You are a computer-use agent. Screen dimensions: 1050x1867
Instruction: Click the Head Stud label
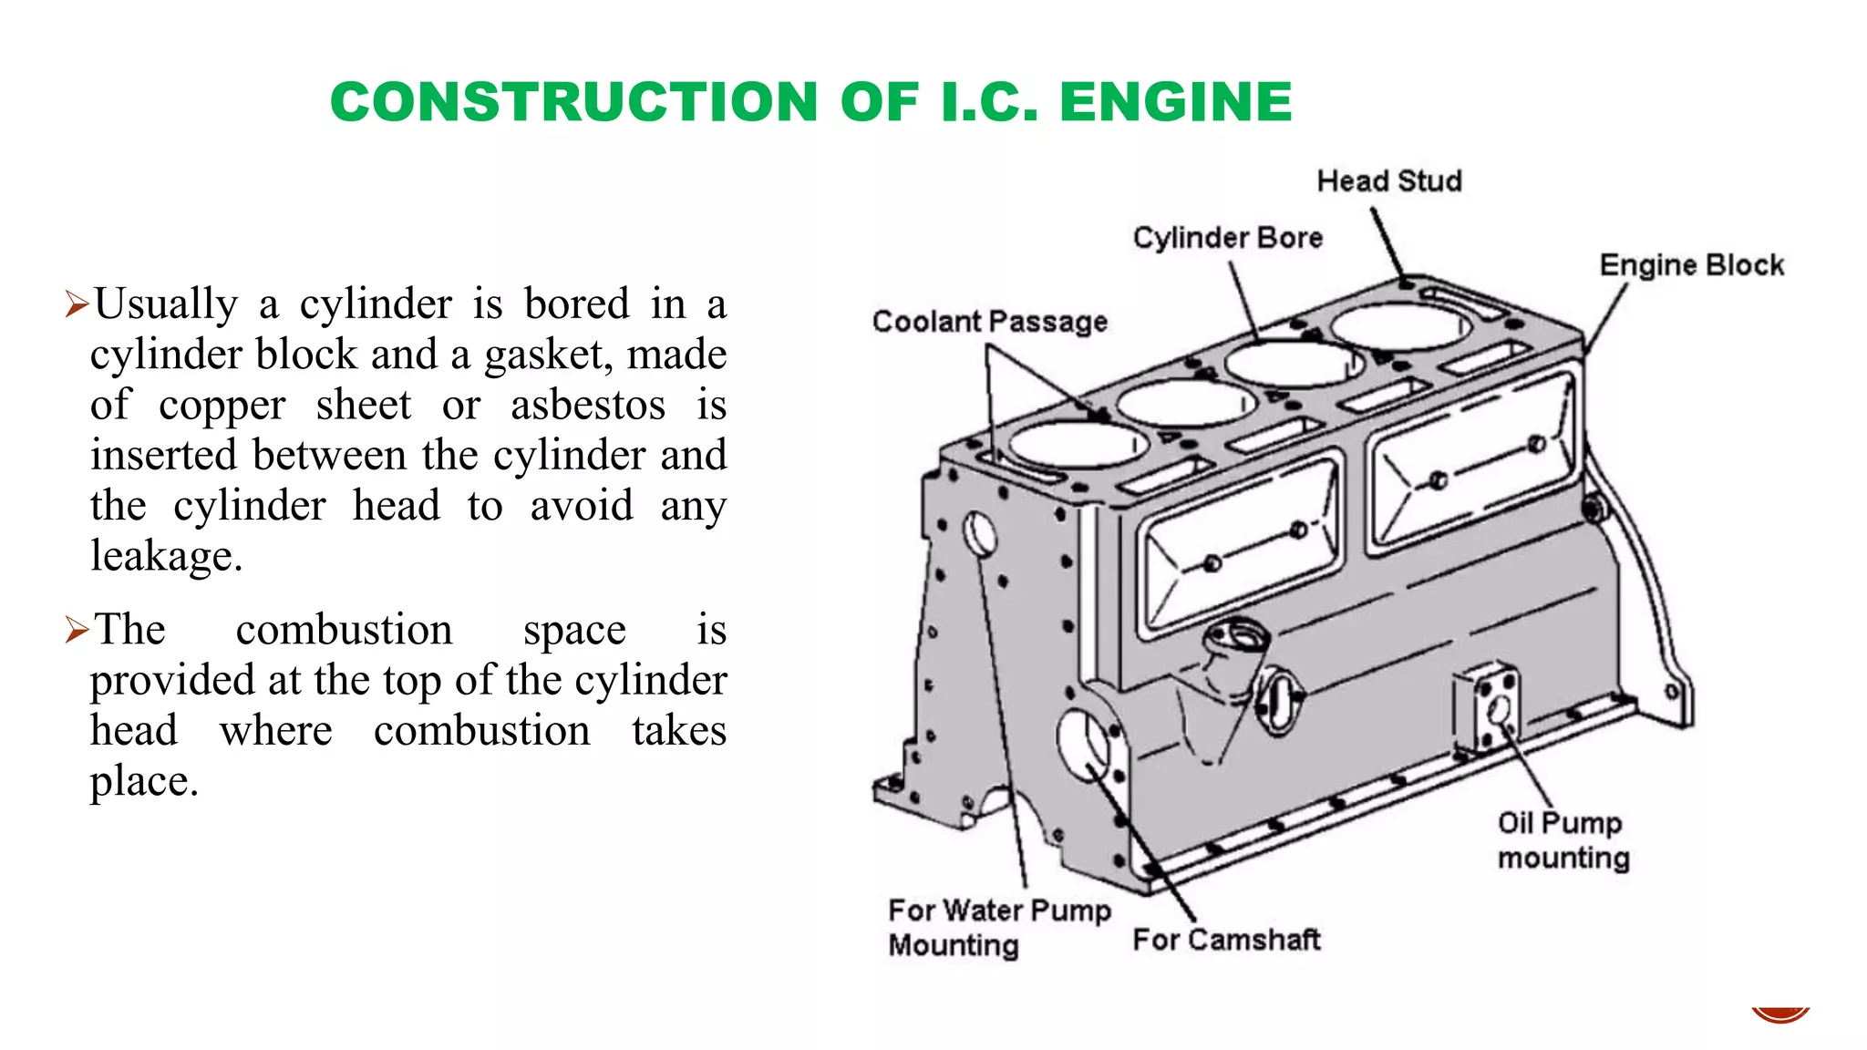point(1388,181)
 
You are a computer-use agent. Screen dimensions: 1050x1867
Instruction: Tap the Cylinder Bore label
point(1227,238)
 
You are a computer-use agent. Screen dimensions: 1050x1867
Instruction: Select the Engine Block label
point(1691,265)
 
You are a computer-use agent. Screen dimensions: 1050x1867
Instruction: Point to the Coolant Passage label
point(989,322)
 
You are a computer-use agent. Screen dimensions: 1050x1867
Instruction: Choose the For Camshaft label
point(1226,940)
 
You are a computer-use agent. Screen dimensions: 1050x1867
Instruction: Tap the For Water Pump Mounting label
point(998,927)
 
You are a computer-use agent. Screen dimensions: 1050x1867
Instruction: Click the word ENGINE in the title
point(1175,101)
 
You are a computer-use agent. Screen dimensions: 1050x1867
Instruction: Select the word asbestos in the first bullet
point(588,405)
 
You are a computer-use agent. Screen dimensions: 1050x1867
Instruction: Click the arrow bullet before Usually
point(77,304)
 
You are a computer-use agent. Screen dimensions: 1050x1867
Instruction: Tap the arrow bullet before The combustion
point(77,630)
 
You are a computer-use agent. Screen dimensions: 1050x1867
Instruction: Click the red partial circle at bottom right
point(1779,1015)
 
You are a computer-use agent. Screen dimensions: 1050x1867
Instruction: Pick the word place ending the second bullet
point(142,781)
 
